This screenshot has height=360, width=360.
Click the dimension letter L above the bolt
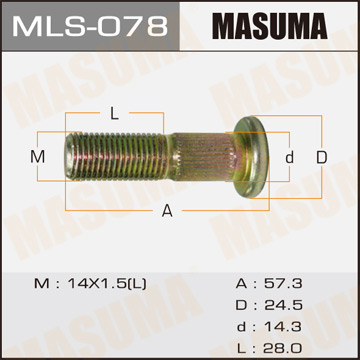pos(115,113)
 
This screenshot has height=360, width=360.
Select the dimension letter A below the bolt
pos(167,209)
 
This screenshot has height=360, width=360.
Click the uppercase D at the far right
pos(322,158)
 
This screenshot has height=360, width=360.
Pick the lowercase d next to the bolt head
pos(289,158)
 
